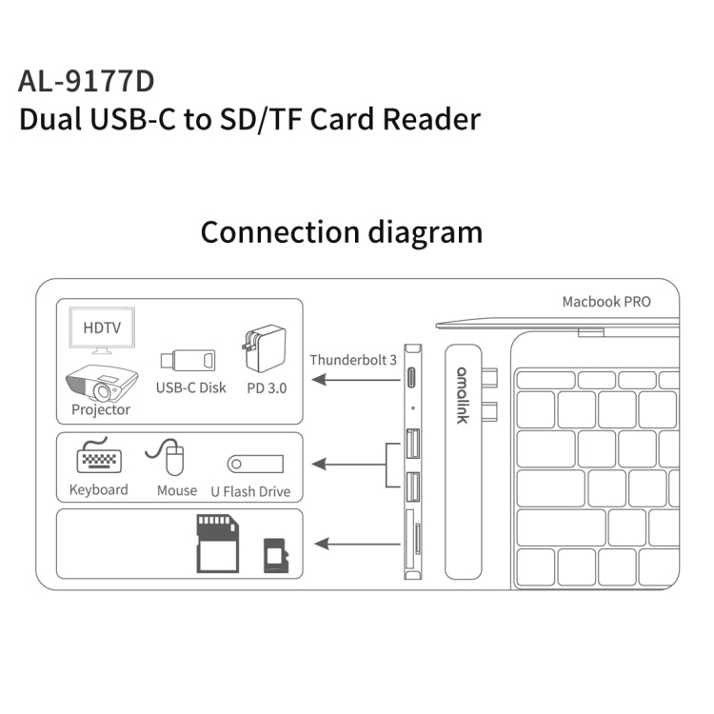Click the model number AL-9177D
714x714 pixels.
pyautogui.click(x=86, y=80)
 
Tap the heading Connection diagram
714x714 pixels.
pyautogui.click(x=341, y=232)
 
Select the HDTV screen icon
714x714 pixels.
pyautogui.click(x=102, y=329)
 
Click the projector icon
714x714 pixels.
pyautogui.click(x=101, y=384)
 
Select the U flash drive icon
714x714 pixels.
pyautogui.click(x=255, y=464)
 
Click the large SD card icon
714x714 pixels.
pyautogui.click(x=216, y=543)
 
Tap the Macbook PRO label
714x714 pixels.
pyautogui.click(x=605, y=302)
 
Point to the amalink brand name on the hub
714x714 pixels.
pyautogui.click(x=462, y=395)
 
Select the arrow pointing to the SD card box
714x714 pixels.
pyautogui.click(x=356, y=545)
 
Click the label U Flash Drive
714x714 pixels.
pyautogui.click(x=250, y=491)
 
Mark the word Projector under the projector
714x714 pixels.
pyautogui.click(x=101, y=410)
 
